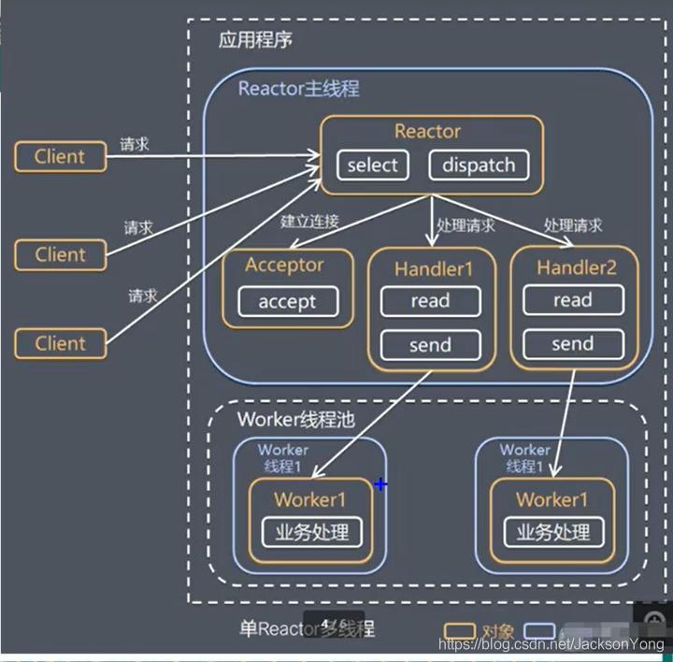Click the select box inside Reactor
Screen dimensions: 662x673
click(372, 165)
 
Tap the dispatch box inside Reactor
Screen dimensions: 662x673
click(479, 165)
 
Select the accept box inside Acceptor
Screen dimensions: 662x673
click(287, 302)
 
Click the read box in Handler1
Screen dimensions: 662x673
click(430, 301)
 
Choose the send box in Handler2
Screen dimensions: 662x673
click(572, 344)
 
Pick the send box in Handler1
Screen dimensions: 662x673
click(430, 345)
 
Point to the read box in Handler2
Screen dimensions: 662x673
click(572, 300)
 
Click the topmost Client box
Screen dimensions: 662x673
click(60, 156)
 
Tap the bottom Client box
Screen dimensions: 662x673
click(60, 343)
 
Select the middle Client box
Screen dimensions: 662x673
click(60, 254)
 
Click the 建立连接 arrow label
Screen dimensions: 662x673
click(309, 222)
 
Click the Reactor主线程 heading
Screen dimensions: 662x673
click(298, 89)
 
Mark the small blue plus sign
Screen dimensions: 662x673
click(380, 484)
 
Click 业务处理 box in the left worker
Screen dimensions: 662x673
click(311, 532)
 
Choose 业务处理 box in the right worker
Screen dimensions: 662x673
click(553, 532)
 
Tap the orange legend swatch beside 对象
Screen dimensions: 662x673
click(460, 631)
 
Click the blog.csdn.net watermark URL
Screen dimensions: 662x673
click(552, 646)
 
